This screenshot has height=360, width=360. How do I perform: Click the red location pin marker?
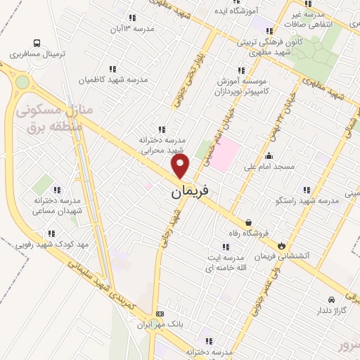click(x=181, y=165)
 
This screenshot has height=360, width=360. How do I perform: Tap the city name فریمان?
click(x=189, y=190)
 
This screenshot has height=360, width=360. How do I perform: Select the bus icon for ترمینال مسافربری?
click(x=37, y=42)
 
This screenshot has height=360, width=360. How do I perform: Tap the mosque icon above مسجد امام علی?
click(x=269, y=156)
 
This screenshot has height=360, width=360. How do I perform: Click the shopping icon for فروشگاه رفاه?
click(x=248, y=222)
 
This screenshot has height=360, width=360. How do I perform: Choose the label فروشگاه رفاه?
click(x=247, y=233)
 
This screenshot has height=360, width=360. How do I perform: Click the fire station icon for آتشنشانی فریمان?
click(x=283, y=245)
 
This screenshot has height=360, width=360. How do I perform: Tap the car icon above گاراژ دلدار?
click(x=332, y=298)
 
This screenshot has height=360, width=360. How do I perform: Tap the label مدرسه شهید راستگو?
click(x=309, y=201)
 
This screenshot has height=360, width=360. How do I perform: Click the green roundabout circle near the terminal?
click(x=22, y=82)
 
